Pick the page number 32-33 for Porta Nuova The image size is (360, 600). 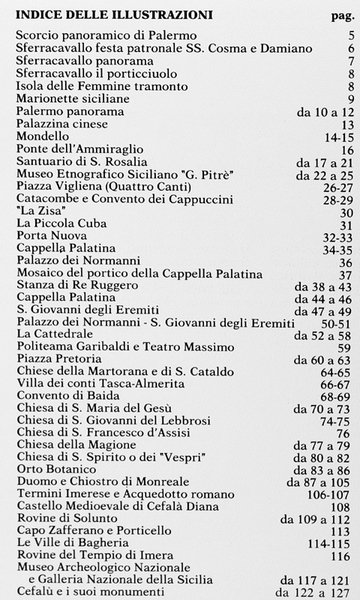coord(340,237)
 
